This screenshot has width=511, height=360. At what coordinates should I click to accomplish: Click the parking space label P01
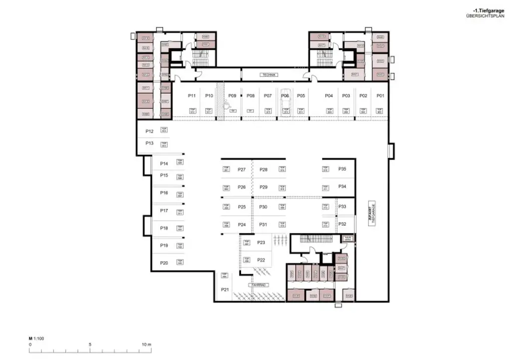(380, 95)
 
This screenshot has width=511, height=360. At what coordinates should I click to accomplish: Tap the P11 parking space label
(191, 95)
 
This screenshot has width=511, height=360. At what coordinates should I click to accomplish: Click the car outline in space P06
(285, 104)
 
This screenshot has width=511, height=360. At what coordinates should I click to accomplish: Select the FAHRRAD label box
(259, 285)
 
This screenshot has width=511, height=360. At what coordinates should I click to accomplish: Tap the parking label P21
(225, 289)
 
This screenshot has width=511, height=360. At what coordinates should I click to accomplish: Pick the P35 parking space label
(342, 169)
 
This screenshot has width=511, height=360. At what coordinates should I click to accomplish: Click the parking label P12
(149, 131)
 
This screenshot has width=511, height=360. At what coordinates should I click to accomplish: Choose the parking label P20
(164, 263)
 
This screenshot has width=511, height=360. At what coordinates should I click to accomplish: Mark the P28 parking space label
(263, 170)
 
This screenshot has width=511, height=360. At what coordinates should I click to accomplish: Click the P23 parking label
(261, 242)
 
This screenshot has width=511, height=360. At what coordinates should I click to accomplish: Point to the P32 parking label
(342, 224)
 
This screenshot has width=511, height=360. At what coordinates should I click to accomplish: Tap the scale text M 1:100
(37, 339)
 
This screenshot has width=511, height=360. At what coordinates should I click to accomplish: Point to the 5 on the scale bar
(90, 345)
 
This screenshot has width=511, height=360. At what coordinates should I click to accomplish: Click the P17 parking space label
(164, 211)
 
